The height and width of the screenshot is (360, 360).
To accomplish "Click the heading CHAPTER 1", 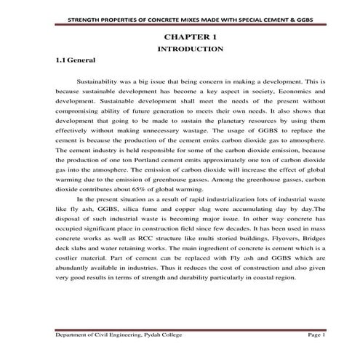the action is point(190,36).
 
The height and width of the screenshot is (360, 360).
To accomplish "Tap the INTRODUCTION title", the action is point(190,49).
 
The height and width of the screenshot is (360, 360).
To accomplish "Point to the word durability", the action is point(177,277).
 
